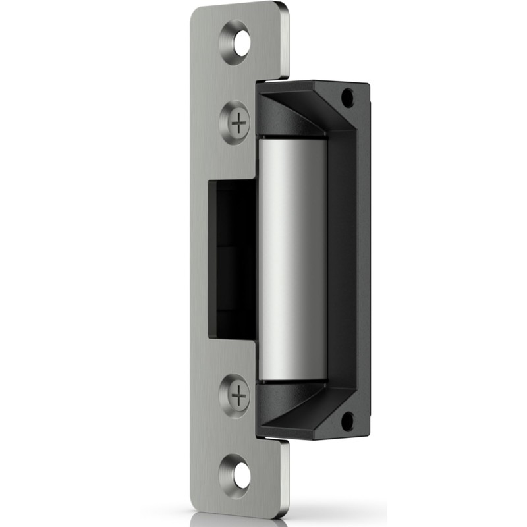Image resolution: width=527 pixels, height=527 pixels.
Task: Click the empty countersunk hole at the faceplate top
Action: (235, 42)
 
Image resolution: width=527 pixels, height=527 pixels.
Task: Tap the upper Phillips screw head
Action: (235, 123)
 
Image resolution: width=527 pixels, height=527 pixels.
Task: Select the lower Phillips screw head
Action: (235, 395)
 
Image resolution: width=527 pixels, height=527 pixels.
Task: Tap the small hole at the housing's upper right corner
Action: (347, 97)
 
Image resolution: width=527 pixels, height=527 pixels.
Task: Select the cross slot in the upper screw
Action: (239, 123)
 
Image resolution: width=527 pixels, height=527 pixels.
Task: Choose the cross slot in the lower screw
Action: (239, 396)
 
